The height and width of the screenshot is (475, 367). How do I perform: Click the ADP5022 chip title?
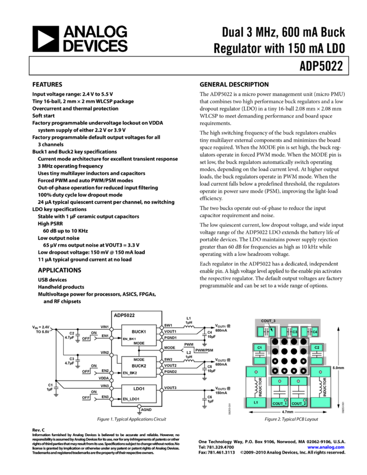pyautogui.click(x=124, y=315)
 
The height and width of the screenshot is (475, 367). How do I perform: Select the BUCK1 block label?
pyautogui.click(x=139, y=331)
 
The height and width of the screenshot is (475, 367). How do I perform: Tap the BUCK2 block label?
pyautogui.click(x=139, y=365)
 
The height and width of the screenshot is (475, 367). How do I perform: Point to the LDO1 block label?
pyautogui.click(x=139, y=388)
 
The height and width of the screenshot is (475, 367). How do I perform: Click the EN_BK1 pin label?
pyautogui.click(x=130, y=339)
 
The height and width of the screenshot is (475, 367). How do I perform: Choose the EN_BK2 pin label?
pyautogui.click(x=130, y=373)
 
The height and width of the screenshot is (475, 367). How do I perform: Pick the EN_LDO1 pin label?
pyautogui.click(x=131, y=399)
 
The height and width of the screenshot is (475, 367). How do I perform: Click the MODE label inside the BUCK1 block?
pyautogui.click(x=139, y=343)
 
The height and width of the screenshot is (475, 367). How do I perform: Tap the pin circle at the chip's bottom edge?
pyautogui.click(x=139, y=406)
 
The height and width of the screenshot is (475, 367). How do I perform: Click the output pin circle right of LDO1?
pyautogui.click(x=161, y=390)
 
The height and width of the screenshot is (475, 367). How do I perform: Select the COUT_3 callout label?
pyautogui.click(x=268, y=321)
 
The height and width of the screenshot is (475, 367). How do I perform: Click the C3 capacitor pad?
pyautogui.click(x=294, y=332)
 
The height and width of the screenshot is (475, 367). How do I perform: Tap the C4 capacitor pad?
pyautogui.click(x=314, y=332)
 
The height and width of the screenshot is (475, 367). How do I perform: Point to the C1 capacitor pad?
pyautogui.click(x=259, y=348)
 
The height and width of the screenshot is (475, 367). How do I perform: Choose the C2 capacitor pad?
pyautogui.click(x=317, y=348)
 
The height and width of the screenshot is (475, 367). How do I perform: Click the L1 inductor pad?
pyautogui.click(x=256, y=402)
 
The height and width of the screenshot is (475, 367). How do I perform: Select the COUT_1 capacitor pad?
pyautogui.click(x=279, y=403)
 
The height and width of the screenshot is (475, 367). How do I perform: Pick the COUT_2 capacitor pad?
pyautogui.click(x=298, y=403)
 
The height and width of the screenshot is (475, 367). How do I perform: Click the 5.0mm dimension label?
pyautogui.click(x=339, y=368)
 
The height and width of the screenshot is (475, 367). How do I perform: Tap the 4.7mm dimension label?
pyautogui.click(x=287, y=412)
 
